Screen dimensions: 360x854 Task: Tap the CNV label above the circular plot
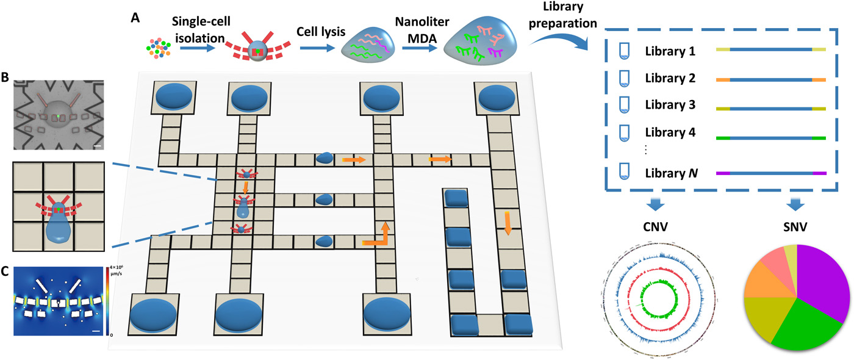[656, 226]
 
